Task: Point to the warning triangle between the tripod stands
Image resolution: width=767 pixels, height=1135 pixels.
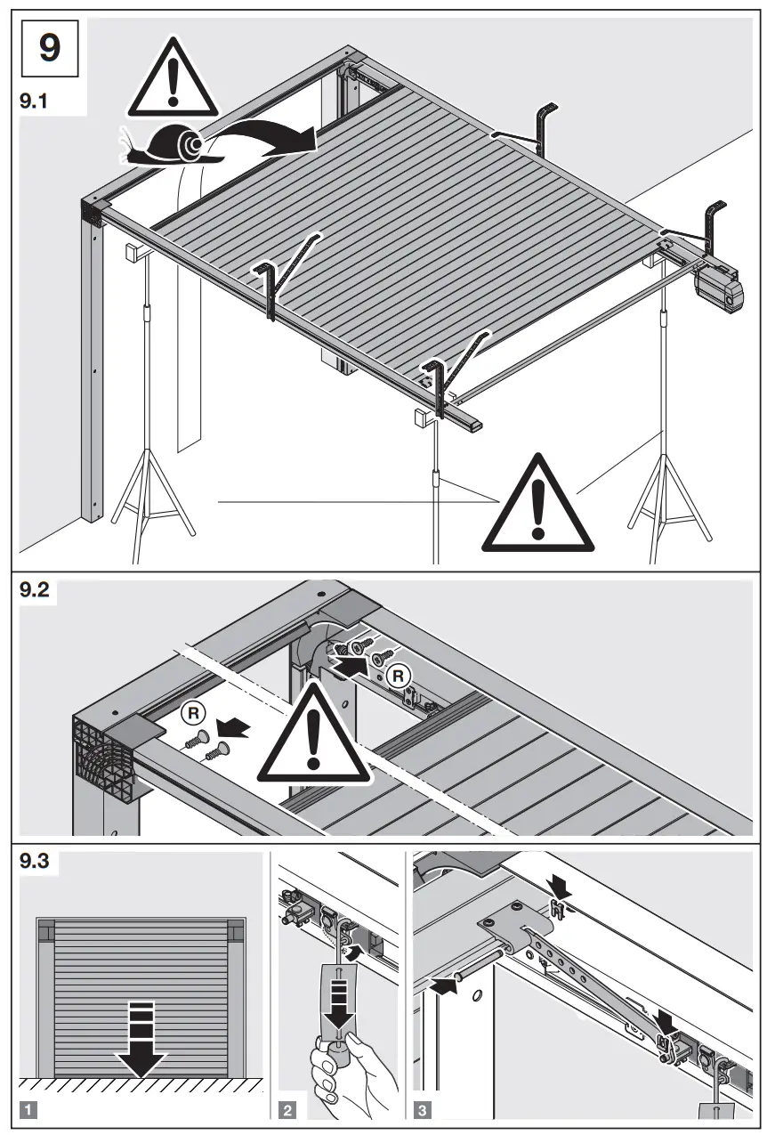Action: coord(537,506)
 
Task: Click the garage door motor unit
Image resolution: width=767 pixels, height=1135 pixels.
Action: coord(720,290)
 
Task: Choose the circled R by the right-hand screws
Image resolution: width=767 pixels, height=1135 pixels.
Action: coord(400,676)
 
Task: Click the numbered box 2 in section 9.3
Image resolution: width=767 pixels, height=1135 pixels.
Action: coord(289,1110)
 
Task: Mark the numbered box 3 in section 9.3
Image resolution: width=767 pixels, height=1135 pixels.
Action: coord(424,1110)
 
